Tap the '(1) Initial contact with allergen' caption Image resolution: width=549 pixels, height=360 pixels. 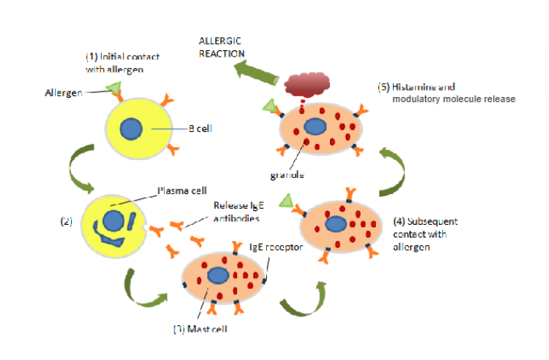[x=128, y=63]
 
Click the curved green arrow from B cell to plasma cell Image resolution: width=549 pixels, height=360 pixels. [x=81, y=168]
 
